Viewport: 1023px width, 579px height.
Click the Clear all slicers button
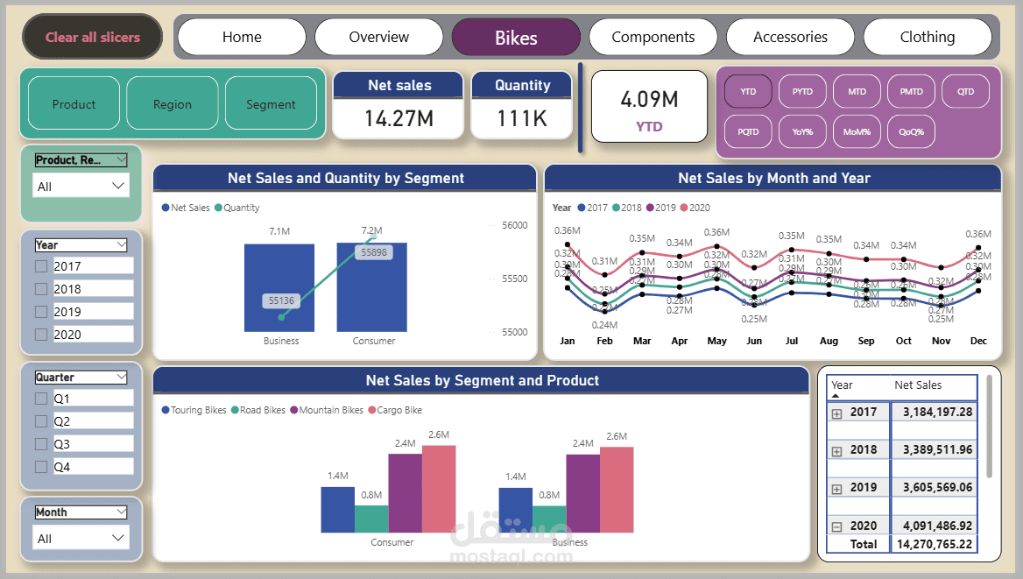93,37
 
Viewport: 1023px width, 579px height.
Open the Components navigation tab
653,37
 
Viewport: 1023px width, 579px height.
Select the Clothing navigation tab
927,37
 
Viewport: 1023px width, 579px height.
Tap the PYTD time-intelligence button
802,91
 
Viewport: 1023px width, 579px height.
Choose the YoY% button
802,131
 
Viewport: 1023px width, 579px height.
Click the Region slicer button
173,104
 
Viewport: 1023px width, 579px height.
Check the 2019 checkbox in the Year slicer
41,312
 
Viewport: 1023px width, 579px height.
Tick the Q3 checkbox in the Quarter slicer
41,444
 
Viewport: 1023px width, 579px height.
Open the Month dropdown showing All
81,538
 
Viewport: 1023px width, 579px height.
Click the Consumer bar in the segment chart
371,289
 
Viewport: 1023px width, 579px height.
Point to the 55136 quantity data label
281,300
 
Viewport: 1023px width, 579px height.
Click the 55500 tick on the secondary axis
514,279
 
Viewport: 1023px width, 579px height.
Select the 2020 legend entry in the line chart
695,208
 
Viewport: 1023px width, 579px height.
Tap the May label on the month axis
717,341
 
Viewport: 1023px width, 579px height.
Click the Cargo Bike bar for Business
616,491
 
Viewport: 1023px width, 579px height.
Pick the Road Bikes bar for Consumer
371,519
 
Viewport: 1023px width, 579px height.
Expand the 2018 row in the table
836,450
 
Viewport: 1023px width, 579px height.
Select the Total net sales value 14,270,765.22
933,544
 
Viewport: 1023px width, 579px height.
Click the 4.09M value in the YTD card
649,99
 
